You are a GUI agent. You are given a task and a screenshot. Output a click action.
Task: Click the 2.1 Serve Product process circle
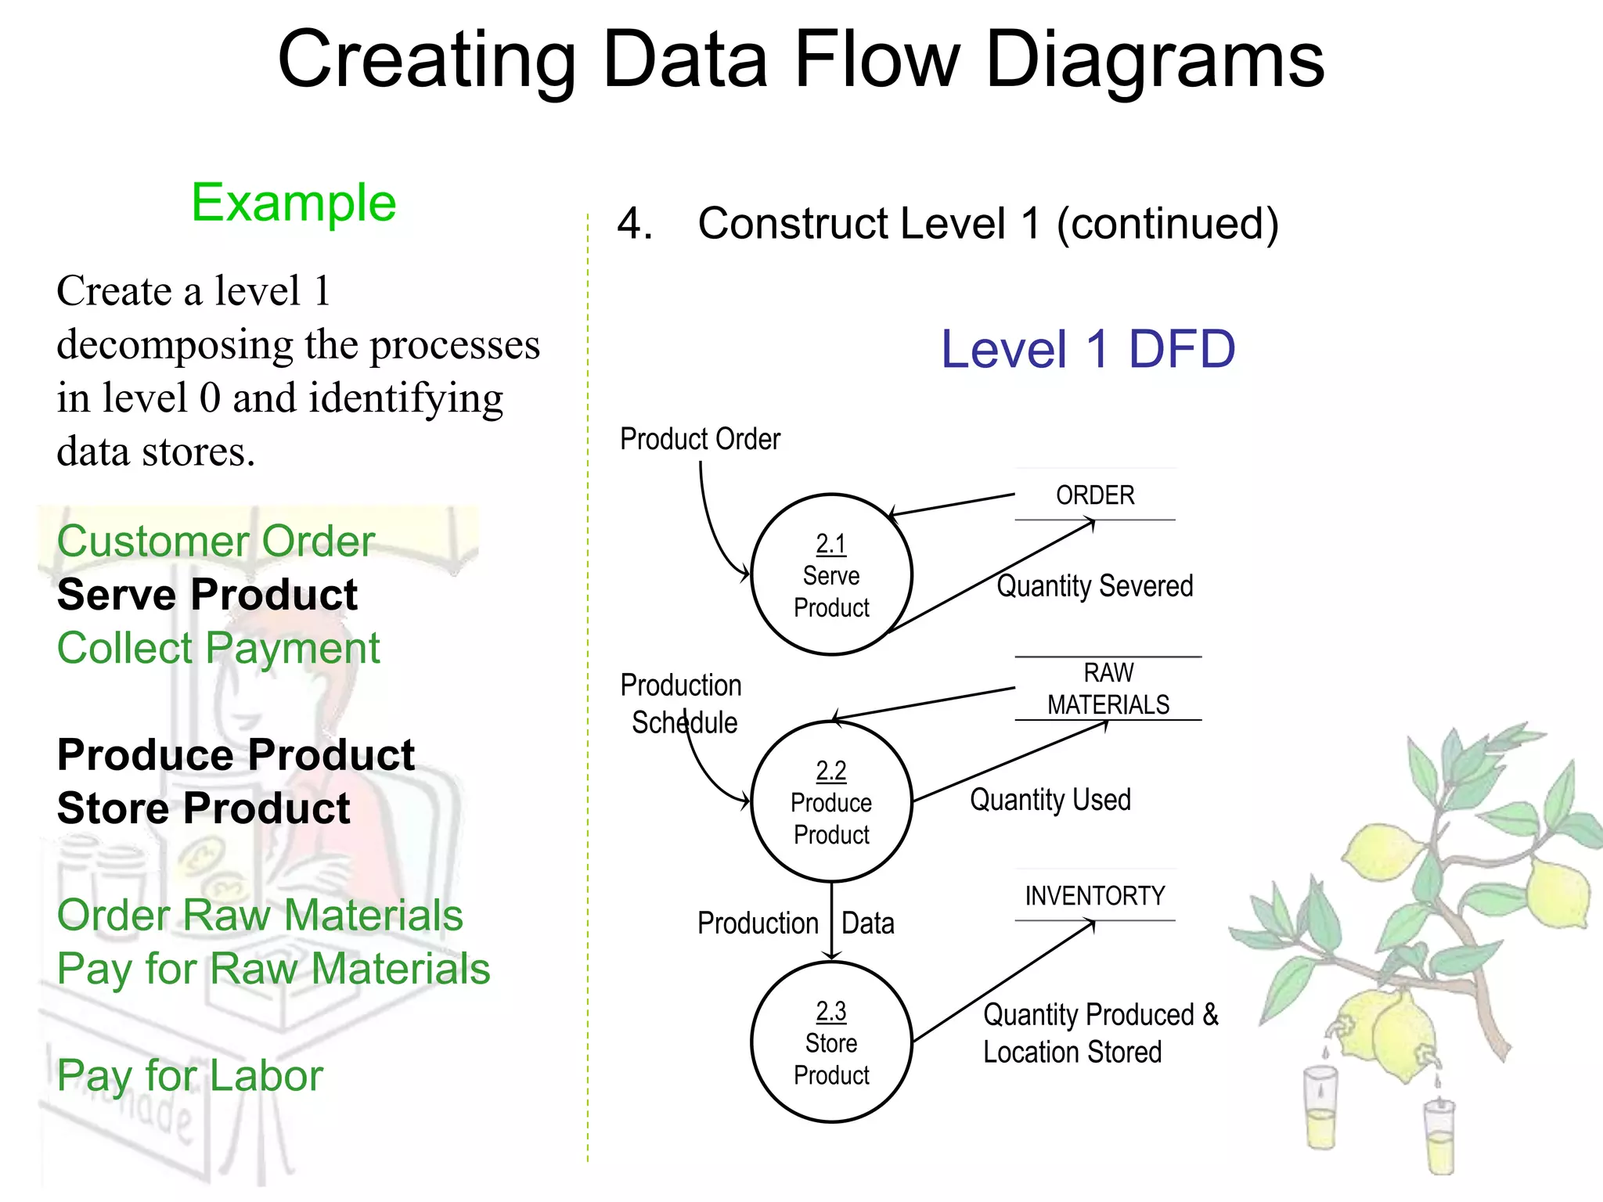(831, 575)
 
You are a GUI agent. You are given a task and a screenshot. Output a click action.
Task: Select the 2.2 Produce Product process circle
(831, 802)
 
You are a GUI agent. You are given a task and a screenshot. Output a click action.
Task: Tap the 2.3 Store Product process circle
(831, 1042)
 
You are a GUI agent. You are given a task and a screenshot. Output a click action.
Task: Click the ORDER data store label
(1094, 495)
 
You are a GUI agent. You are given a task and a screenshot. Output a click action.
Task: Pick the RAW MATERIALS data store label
(1108, 689)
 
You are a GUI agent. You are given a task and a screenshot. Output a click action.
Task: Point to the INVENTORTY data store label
(1094, 896)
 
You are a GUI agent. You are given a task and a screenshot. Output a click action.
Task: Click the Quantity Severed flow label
(1094, 586)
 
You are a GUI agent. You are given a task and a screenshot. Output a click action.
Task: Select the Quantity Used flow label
(1050, 800)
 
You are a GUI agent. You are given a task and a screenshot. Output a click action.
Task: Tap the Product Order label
(700, 439)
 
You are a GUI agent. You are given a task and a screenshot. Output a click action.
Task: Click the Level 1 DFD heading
(1087, 349)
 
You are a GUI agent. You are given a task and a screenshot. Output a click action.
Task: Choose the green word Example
(294, 203)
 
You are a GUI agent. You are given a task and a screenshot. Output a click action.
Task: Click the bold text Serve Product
(207, 595)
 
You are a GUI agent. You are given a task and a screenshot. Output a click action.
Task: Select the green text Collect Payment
(218, 649)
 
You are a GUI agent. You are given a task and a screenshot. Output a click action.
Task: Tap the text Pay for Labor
(190, 1076)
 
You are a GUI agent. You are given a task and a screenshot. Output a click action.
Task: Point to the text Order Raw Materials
(260, 916)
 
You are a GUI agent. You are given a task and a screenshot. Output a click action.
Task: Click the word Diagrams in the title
(1155, 60)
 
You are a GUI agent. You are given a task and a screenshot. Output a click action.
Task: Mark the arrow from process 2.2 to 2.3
(831, 922)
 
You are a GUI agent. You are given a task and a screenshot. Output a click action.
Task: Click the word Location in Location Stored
(1031, 1053)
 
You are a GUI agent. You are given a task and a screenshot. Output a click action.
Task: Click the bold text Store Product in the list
(204, 808)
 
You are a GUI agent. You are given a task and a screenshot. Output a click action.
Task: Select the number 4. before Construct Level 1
(634, 224)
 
